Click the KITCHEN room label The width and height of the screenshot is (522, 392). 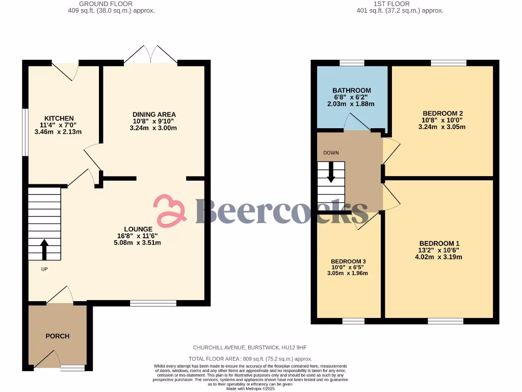click(x=59, y=118)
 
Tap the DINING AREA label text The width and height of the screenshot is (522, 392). click(x=154, y=114)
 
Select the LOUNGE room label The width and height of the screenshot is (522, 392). click(x=138, y=229)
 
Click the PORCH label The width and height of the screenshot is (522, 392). click(x=58, y=336)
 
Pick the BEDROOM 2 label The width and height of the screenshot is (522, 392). click(x=442, y=113)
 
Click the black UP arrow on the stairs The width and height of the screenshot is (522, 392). click(x=44, y=250)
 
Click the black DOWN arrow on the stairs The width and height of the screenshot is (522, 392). click(x=331, y=172)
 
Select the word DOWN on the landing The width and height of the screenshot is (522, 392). click(x=330, y=153)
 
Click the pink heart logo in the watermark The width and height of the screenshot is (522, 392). click(x=170, y=210)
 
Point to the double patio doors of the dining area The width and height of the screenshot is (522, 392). click(x=150, y=55)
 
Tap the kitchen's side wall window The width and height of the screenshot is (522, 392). click(x=24, y=132)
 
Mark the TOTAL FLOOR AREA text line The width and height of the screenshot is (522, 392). click(x=250, y=359)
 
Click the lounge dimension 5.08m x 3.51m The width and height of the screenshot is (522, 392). click(x=138, y=242)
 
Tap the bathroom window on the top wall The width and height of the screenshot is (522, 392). click(x=352, y=63)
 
